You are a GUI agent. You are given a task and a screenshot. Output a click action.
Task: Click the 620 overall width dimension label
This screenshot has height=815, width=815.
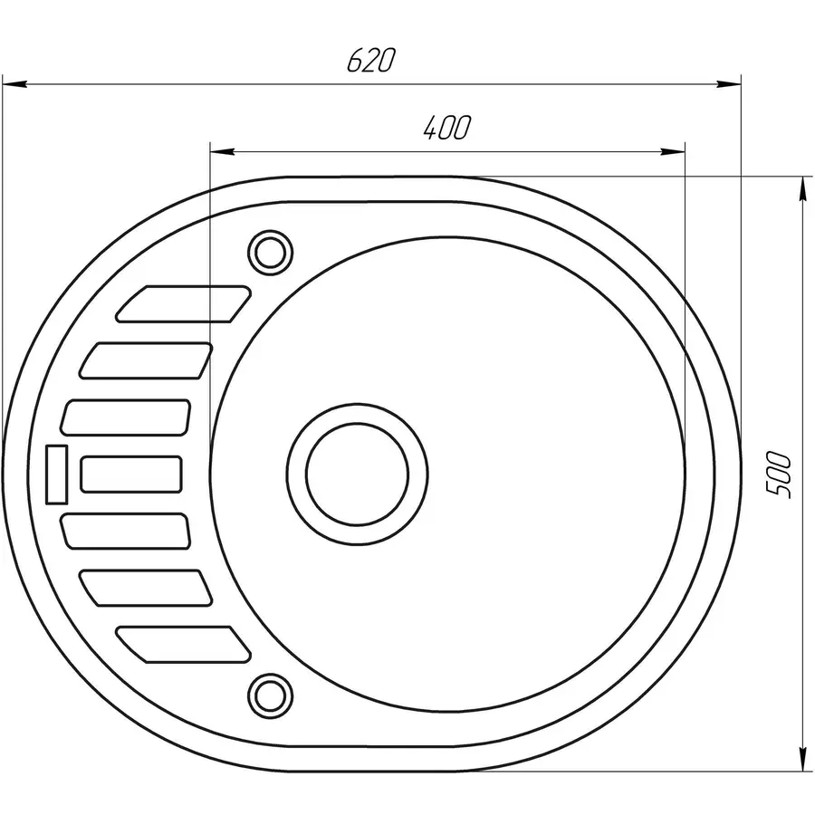click(371, 61)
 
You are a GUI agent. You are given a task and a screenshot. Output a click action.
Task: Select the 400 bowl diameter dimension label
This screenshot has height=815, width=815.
click(446, 129)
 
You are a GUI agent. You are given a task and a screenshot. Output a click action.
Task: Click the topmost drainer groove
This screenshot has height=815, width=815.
click(183, 304)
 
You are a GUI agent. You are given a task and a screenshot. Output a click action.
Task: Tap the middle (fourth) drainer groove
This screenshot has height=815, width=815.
click(131, 474)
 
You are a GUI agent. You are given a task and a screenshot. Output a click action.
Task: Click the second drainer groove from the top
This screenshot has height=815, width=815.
click(147, 360)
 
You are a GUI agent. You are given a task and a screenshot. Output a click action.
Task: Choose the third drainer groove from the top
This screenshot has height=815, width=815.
click(127, 417)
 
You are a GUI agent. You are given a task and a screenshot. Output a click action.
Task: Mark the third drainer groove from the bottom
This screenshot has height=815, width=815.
click(127, 531)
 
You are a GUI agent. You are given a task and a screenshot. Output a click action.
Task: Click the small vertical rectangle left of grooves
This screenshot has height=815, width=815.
click(57, 474)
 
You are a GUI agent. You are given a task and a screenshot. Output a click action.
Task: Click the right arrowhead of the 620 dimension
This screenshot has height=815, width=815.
click(729, 84)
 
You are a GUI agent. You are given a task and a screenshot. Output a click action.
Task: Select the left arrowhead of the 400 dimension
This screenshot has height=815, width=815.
click(222, 151)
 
